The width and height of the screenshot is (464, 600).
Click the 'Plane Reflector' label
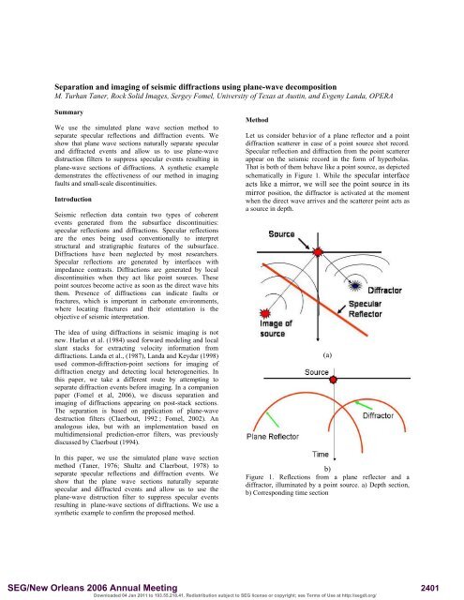pos(278,463)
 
